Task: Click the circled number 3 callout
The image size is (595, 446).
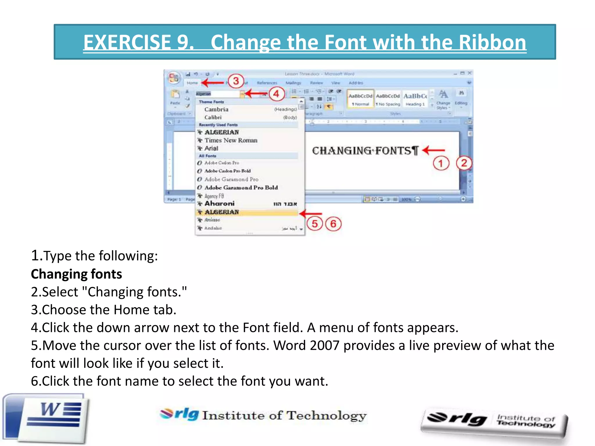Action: [x=236, y=81]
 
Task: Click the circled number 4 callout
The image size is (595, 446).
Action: [x=276, y=94]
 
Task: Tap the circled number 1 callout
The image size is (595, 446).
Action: [x=441, y=163]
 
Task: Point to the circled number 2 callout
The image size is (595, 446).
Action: [x=464, y=163]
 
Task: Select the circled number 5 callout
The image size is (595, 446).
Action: [x=315, y=224]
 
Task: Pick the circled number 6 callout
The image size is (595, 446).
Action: [x=333, y=224]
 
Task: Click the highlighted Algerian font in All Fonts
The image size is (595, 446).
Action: [x=222, y=212]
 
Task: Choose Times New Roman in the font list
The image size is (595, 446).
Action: [x=231, y=140]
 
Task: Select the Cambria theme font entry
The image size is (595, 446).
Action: [x=216, y=109]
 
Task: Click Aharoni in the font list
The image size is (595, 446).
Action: [x=219, y=204]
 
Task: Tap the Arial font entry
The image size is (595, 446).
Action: [x=211, y=148]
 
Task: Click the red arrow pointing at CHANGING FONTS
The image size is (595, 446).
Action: [x=433, y=150]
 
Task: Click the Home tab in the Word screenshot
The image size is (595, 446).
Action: [x=192, y=83]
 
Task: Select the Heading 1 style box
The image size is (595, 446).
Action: [x=415, y=99]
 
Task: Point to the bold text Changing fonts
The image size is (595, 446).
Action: [x=76, y=274]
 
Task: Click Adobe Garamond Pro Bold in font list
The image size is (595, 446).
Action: [x=241, y=188]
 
